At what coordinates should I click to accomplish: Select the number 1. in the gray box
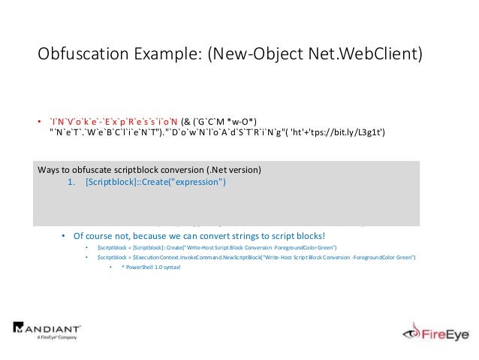pos(73,182)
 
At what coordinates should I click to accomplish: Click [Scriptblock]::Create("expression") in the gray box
pos(156,182)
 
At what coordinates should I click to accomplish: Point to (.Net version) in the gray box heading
pos(225,170)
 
